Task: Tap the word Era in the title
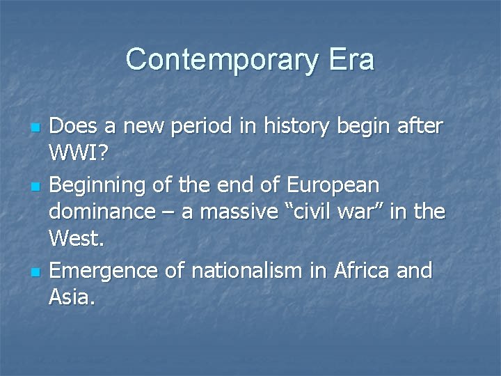click(350, 60)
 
